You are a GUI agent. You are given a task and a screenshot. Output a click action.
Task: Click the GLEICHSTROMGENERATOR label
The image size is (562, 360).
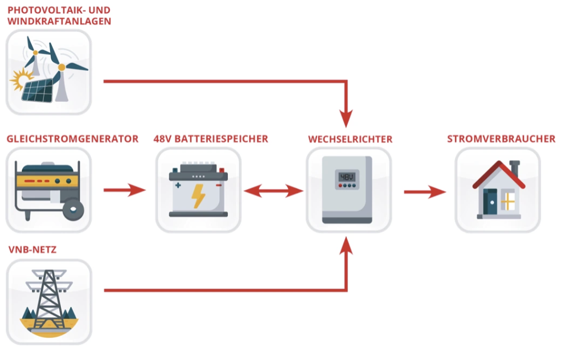point(72,139)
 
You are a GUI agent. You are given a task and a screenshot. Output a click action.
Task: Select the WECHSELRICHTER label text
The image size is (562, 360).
point(350,139)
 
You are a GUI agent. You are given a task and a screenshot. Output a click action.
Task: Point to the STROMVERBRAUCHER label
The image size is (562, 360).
point(501,139)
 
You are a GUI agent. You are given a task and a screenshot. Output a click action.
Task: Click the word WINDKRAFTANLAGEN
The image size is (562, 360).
point(59,22)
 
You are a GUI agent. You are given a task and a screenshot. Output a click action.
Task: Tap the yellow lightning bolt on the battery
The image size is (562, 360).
point(198,195)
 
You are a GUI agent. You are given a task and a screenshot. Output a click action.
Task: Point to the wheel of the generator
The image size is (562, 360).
point(72,209)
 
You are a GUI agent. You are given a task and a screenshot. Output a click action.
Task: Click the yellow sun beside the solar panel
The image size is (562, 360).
point(20,80)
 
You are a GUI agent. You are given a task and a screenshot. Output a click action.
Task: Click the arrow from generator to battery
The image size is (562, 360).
point(125,190)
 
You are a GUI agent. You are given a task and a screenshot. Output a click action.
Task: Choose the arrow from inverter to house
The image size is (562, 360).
point(425,192)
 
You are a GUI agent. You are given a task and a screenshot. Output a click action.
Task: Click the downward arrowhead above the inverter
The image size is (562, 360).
point(346,118)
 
